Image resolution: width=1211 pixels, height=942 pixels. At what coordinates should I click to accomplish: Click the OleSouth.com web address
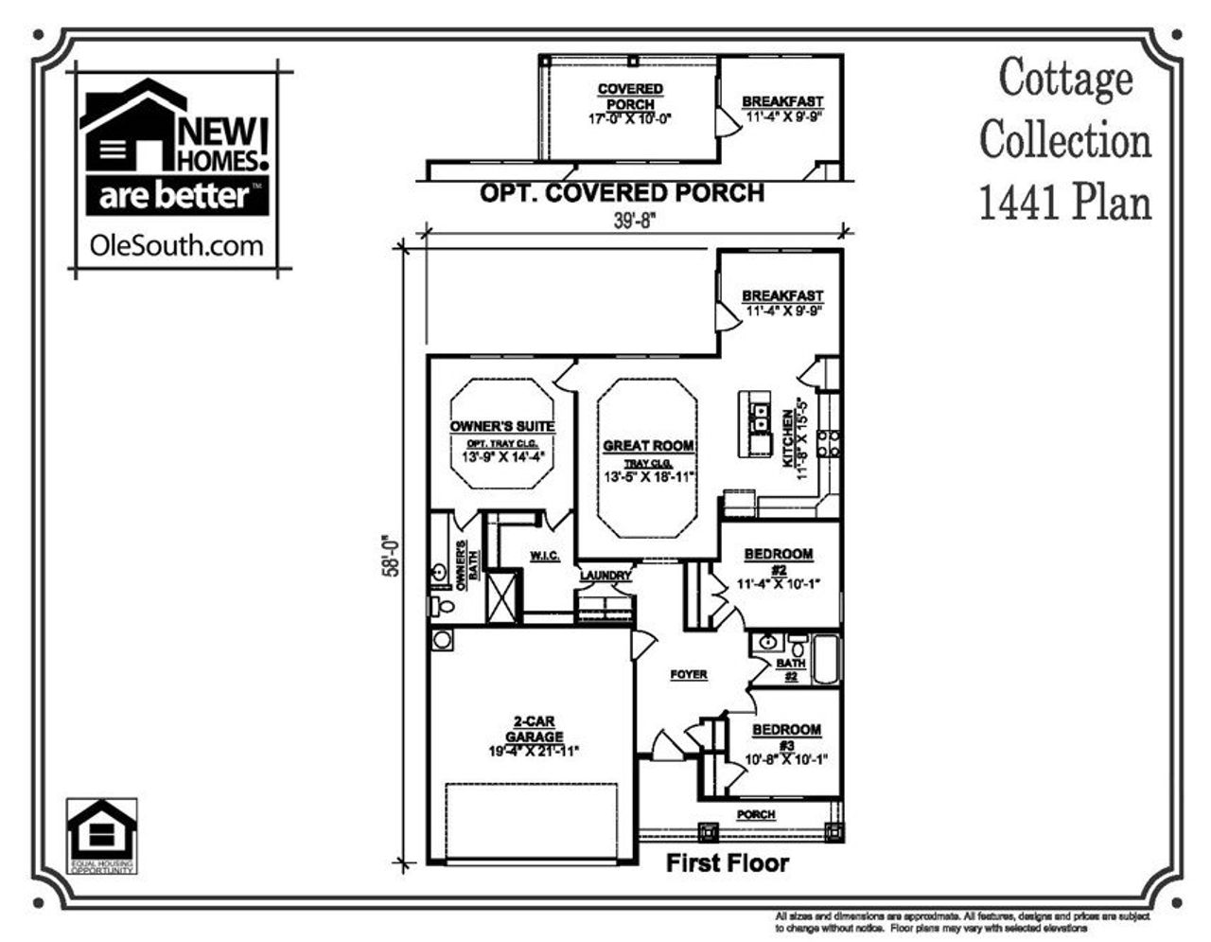[x=176, y=245]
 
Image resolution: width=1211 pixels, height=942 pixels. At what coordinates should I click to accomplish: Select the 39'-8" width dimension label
[x=635, y=219]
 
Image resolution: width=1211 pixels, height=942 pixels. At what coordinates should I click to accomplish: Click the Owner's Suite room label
[x=502, y=426]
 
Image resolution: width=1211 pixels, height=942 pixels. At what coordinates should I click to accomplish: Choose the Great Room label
[x=649, y=445]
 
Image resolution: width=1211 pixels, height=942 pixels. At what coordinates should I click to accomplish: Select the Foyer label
[x=689, y=674]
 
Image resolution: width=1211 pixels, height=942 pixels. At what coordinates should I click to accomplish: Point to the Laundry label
[x=605, y=575]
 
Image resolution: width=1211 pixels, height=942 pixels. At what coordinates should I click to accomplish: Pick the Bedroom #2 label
[x=779, y=554]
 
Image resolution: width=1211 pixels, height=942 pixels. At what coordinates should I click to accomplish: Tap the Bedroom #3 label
[x=786, y=730]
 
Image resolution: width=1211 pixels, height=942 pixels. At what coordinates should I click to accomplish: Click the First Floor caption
[x=727, y=862]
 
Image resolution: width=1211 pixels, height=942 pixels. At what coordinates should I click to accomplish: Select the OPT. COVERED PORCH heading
[x=622, y=193]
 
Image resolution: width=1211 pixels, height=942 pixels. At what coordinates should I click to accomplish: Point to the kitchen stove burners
[x=829, y=443]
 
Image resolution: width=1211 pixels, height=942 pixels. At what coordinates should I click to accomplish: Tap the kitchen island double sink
[x=759, y=418]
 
